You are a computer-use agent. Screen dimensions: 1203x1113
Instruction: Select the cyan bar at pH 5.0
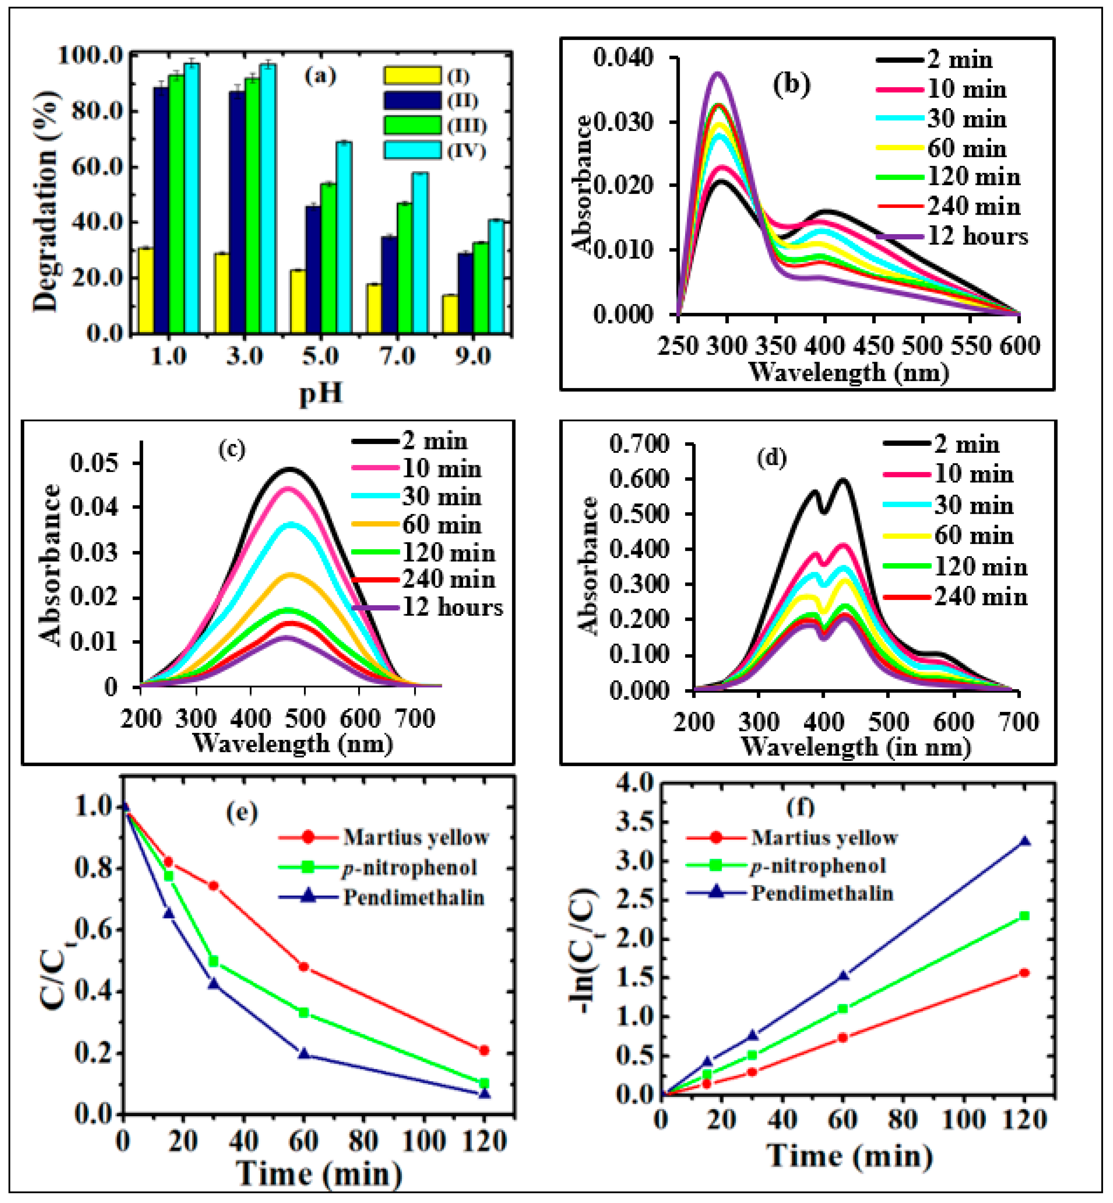tap(344, 238)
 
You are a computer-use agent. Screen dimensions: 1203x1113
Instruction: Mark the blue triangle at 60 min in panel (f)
tap(843, 975)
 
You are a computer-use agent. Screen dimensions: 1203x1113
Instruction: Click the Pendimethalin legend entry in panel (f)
tap(822, 893)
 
